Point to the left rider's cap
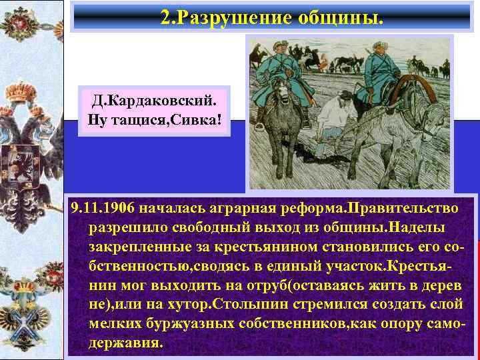click(x=277, y=45)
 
